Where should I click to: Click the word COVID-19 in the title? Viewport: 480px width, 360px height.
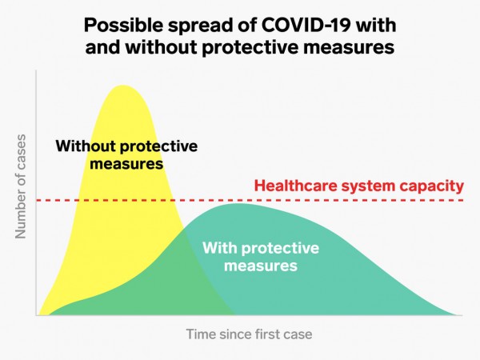coord(306,25)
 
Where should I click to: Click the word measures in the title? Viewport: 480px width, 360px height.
coord(349,48)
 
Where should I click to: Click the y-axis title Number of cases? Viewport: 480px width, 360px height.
coord(21,186)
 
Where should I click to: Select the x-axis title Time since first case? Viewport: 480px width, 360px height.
coord(249,334)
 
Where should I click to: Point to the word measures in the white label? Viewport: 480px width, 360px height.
coord(261,266)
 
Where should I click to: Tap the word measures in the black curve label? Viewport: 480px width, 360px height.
coord(126,164)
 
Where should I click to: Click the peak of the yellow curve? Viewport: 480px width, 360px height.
coord(122,86)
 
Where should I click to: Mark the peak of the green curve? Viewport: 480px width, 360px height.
coord(238,204)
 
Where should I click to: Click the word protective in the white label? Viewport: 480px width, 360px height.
coord(280,249)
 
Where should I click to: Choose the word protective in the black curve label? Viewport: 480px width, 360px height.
coord(158,147)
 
